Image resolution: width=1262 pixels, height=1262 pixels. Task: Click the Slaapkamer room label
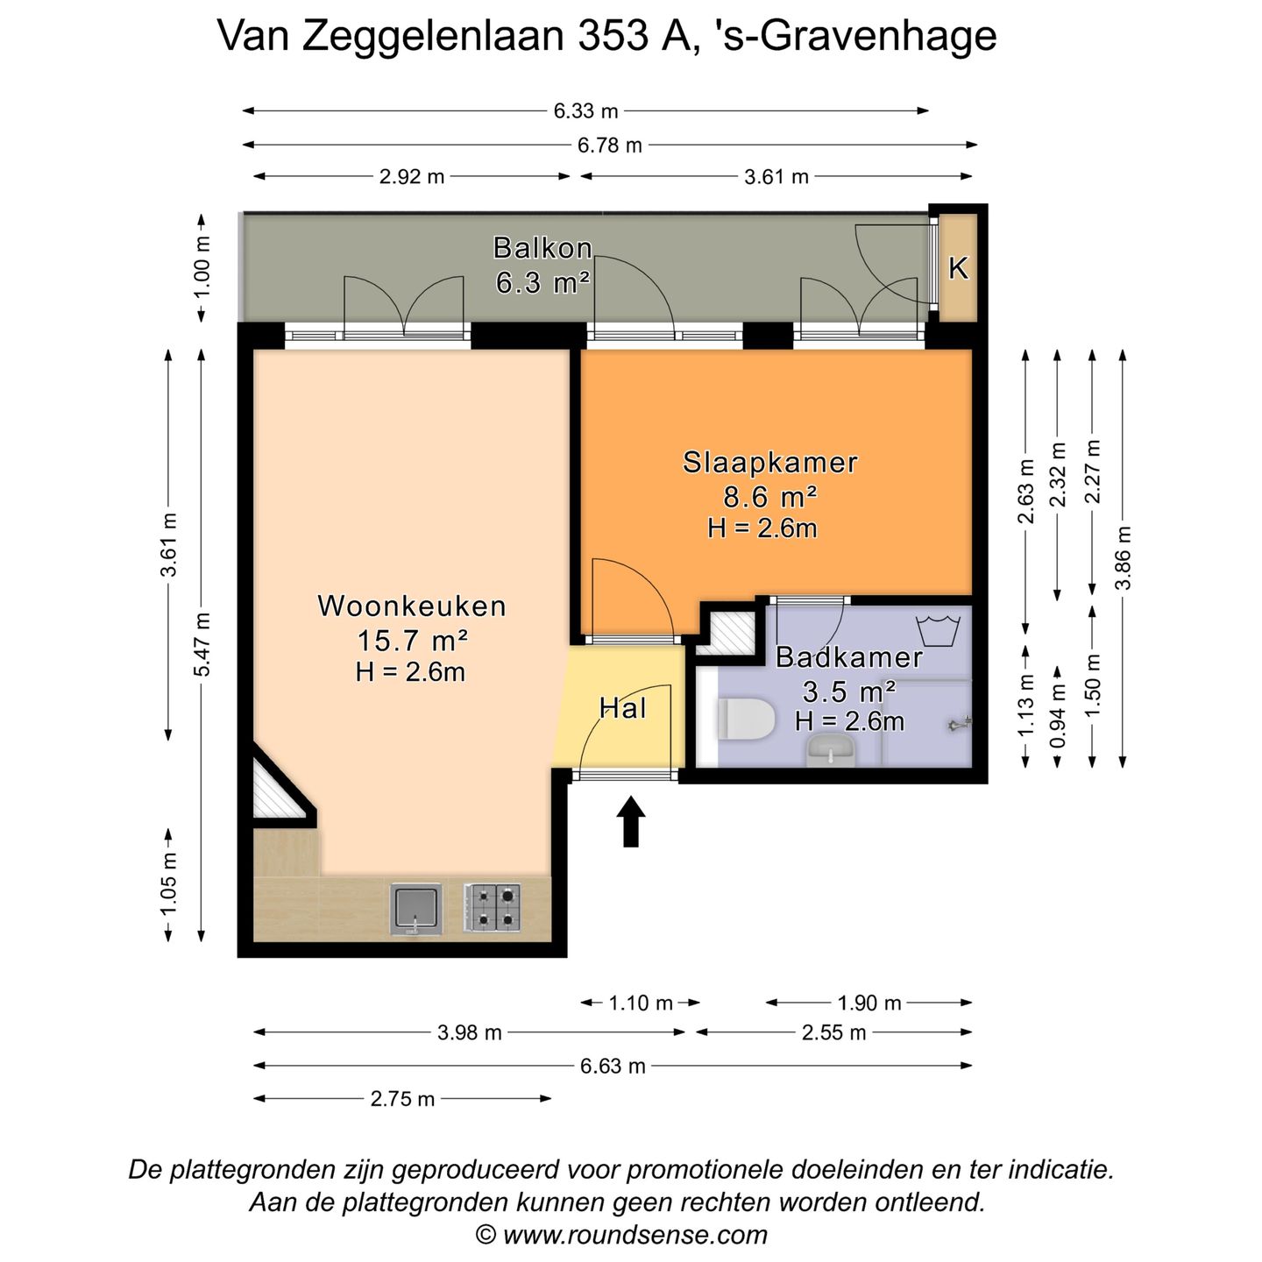tap(769, 462)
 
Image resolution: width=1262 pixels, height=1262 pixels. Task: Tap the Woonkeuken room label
tap(412, 606)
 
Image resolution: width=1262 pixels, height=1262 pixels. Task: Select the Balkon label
tap(542, 248)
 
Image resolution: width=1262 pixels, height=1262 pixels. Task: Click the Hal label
tap(622, 708)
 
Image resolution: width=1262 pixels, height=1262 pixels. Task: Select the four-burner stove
tap(492, 908)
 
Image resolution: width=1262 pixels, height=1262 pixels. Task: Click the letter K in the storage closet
tap(958, 268)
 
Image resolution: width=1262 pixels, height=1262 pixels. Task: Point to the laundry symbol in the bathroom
tap(939, 630)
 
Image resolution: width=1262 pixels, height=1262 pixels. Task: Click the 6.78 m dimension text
tap(609, 145)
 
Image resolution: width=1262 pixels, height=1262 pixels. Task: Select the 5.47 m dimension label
tap(202, 645)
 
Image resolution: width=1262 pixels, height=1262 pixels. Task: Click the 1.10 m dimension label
tap(641, 1003)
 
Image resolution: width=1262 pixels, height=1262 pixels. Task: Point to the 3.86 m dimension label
tap(1124, 557)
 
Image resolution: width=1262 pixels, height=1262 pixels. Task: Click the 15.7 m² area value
tap(411, 641)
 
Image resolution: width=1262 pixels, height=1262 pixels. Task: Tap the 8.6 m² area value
tap(769, 497)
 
